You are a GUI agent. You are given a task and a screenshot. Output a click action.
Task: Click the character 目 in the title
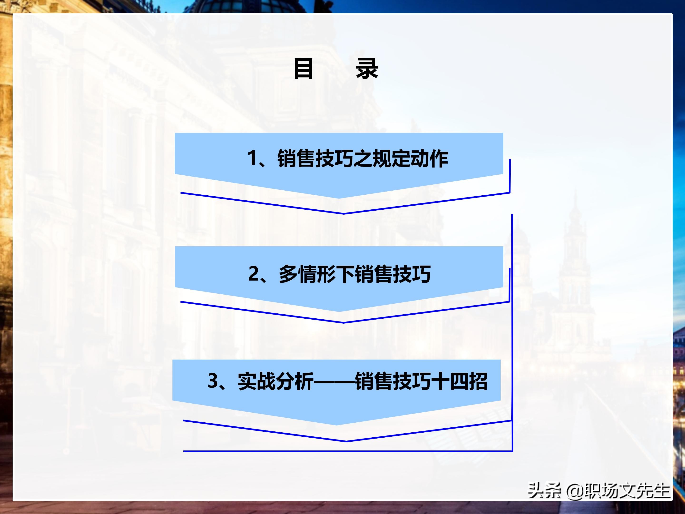pyautogui.click(x=303, y=69)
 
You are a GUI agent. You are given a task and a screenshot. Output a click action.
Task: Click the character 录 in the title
pyautogui.click(x=367, y=69)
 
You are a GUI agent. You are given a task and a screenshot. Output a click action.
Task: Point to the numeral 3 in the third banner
pyautogui.click(x=213, y=381)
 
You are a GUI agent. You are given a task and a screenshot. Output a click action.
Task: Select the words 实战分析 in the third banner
pyautogui.click(x=275, y=381)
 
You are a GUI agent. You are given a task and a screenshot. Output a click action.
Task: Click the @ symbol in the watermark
pyautogui.click(x=574, y=491)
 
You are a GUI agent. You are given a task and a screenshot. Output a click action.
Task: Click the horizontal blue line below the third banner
pyautogui.click(x=347, y=451)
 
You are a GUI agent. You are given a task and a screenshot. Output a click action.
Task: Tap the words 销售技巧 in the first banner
pyautogui.click(x=315, y=159)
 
